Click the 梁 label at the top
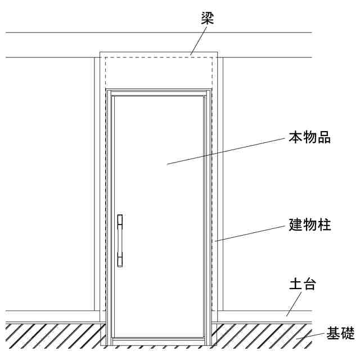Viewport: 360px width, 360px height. [208, 17]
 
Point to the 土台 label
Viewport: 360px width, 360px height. [303, 284]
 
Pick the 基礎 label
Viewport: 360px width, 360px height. [341, 334]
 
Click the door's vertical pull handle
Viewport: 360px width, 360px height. [120, 240]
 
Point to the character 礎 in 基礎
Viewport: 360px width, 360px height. [348, 334]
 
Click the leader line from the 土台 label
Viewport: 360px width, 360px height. [294, 304]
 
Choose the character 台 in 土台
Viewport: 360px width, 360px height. [309, 284]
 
